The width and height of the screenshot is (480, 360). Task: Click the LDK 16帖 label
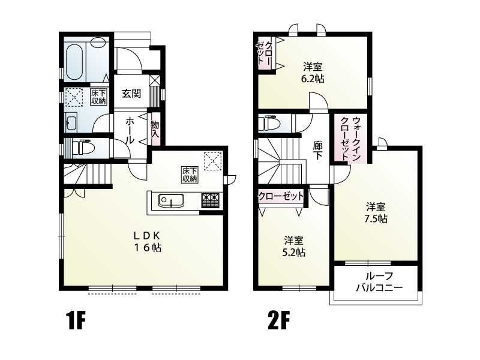[146, 240]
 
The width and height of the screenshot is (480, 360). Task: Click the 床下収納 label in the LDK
[190, 175]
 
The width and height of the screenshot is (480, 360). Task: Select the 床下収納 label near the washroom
[98, 97]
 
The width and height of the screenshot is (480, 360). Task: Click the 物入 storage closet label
[155, 129]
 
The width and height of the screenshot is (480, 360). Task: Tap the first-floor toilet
[80, 146]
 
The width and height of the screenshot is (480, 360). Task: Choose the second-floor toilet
[268, 124]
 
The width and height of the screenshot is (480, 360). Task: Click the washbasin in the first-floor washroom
[71, 123]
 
